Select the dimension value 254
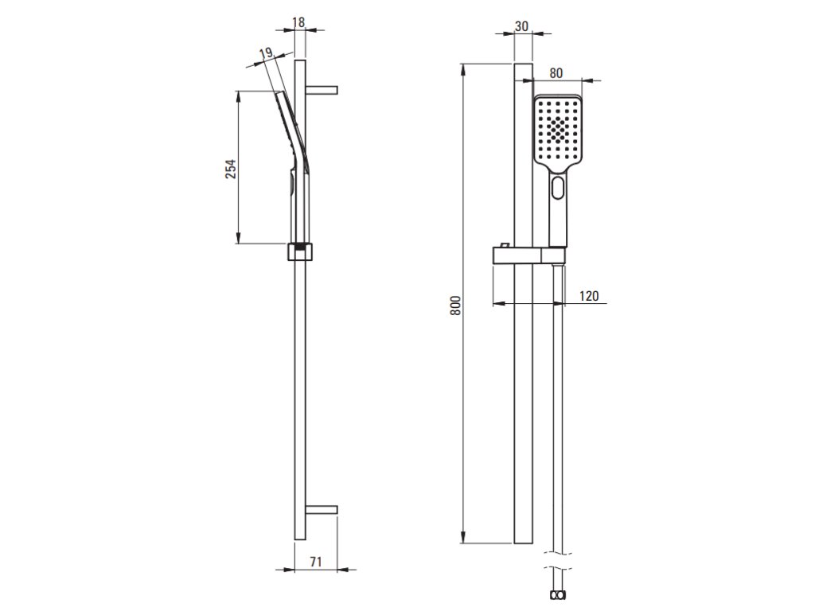click(x=231, y=169)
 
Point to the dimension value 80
click(x=556, y=72)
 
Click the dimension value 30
click(x=522, y=25)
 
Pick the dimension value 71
click(x=316, y=562)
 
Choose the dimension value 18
click(x=299, y=23)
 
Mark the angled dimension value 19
click(x=266, y=54)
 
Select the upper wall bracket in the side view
click(x=322, y=89)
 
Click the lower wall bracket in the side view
click(x=322, y=510)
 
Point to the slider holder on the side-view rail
click(x=300, y=251)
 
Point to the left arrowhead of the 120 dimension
click(x=497, y=302)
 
